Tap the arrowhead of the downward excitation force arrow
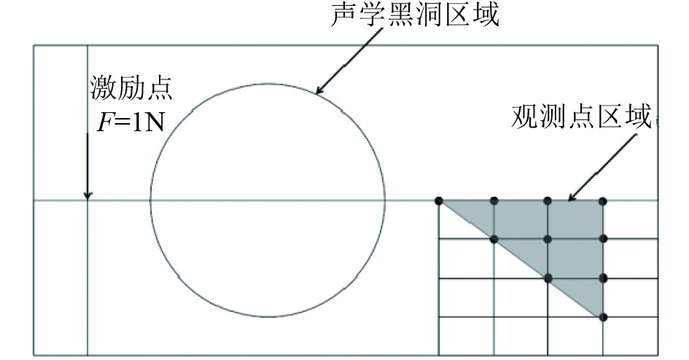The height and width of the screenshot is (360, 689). point(87,195)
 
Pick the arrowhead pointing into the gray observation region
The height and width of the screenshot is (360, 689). point(570,198)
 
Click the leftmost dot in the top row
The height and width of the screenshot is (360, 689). point(439,201)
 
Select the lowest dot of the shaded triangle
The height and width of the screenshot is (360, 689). point(604,316)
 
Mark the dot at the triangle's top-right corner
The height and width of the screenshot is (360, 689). point(604,201)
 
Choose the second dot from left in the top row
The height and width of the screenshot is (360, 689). point(494,201)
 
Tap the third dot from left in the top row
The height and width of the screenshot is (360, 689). point(548,201)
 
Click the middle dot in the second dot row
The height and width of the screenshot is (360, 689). point(548,239)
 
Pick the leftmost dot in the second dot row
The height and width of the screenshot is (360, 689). point(494,239)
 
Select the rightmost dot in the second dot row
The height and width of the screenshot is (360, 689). point(604,239)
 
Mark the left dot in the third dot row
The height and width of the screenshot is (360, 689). point(548,278)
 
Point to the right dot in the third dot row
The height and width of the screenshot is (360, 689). point(604,278)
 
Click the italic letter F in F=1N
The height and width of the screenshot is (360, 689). point(104,121)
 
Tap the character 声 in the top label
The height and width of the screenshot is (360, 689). point(345,15)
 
